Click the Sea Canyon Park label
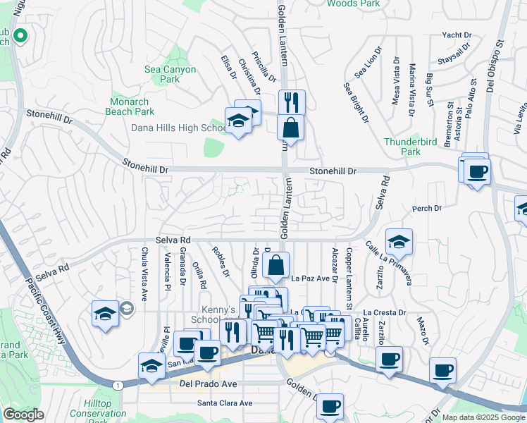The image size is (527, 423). point(170,74)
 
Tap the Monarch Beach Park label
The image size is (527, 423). point(130,106)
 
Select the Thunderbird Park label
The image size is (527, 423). point(411,146)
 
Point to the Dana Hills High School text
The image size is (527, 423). point(178,128)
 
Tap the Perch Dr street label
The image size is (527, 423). point(426,209)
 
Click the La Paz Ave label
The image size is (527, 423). point(311,278)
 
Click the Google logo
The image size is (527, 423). point(24,415)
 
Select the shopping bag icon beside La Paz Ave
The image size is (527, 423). point(276,266)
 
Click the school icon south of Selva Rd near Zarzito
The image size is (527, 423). point(399,242)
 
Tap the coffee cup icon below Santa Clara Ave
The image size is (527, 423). point(330,406)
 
